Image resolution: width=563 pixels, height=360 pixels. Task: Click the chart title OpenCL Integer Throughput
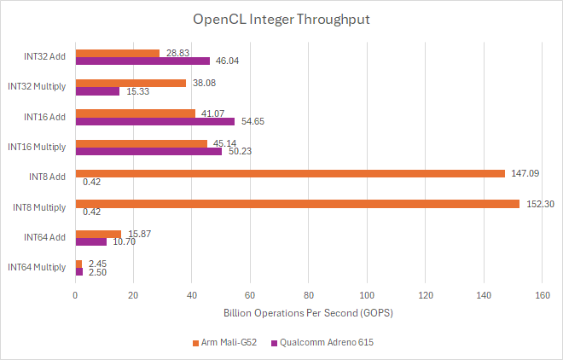(281, 19)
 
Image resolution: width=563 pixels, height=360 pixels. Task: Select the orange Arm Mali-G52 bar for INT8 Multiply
(298, 203)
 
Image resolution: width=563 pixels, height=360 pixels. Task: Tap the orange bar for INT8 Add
(290, 173)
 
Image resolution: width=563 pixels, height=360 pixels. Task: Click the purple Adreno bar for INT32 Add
(142, 61)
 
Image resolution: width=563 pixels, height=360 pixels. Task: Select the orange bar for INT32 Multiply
(131, 83)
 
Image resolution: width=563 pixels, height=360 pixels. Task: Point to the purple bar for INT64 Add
(91, 241)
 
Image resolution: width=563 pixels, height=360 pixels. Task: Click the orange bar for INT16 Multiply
(142, 143)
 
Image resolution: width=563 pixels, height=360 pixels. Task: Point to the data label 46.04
(227, 61)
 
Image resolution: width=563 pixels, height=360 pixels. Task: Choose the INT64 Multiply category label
(36, 267)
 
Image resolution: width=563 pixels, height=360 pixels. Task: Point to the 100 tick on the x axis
(367, 295)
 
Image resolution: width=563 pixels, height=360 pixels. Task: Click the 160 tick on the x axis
(541, 295)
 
